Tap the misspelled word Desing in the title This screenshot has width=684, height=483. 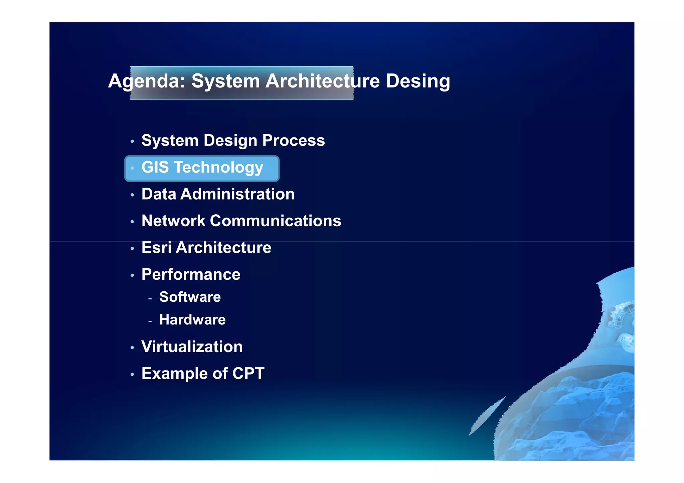(x=418, y=81)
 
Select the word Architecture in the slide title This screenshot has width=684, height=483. (x=322, y=81)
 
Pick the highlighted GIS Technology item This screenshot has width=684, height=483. (x=202, y=168)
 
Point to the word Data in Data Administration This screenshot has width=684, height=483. (x=159, y=194)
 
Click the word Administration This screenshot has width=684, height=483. (x=237, y=194)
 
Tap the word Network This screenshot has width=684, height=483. (x=173, y=221)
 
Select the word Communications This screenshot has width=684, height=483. (x=276, y=221)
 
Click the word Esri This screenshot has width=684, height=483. (x=156, y=248)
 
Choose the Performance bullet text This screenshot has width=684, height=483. (x=191, y=274)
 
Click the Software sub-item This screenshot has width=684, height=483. (x=190, y=297)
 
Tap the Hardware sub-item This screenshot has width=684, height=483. (x=192, y=320)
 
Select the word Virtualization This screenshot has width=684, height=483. (x=192, y=347)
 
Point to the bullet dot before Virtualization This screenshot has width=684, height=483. (x=132, y=348)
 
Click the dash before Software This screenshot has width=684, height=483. (x=150, y=298)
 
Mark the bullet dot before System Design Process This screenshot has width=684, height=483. (x=132, y=142)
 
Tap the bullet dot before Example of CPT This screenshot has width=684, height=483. (x=132, y=375)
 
